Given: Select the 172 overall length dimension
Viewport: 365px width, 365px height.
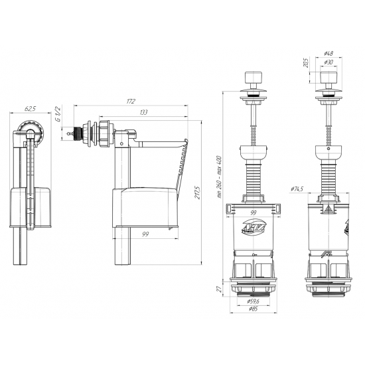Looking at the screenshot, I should (x=131, y=102).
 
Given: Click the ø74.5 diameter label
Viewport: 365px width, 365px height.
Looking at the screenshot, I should (x=297, y=190).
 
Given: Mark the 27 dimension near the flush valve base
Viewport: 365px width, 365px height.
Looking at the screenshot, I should (x=220, y=288).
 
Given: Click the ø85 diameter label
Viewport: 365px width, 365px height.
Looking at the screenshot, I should (x=253, y=310).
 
